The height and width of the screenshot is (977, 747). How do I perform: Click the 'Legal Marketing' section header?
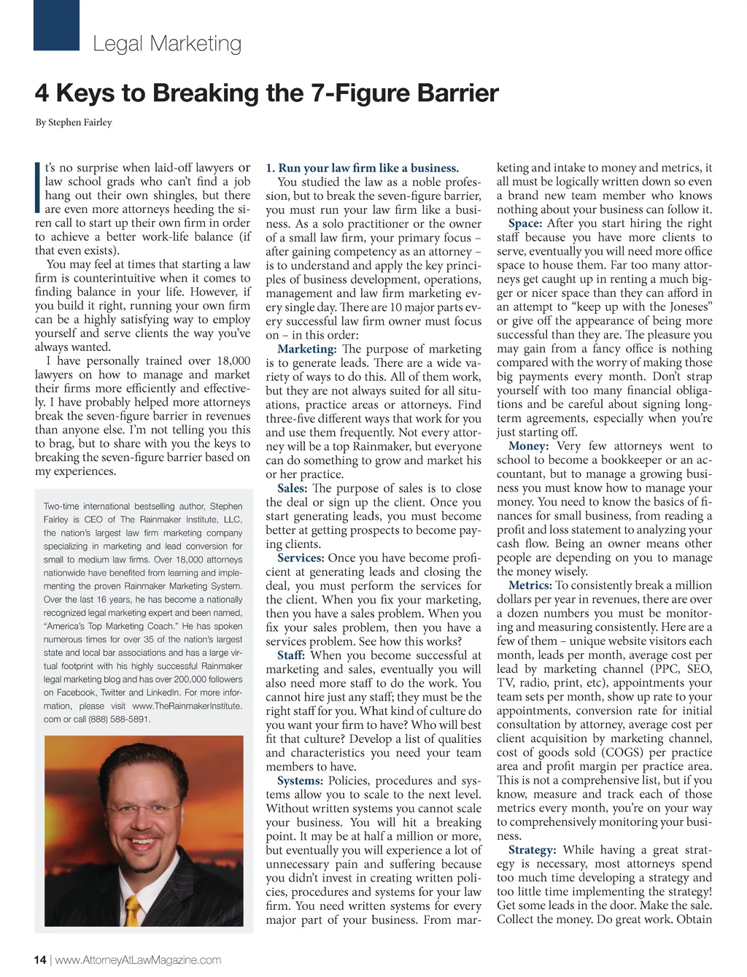click(x=167, y=44)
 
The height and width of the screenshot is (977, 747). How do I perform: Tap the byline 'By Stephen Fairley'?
click(x=74, y=123)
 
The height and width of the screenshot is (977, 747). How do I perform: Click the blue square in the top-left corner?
click(x=56, y=25)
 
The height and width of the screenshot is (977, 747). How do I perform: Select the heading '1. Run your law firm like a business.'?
click(x=363, y=168)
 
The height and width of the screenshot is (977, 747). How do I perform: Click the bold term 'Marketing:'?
click(x=306, y=349)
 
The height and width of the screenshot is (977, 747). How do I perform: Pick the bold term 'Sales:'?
click(x=293, y=488)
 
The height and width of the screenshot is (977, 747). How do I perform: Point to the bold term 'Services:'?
click(x=301, y=558)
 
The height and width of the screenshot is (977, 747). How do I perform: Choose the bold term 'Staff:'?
click(x=290, y=655)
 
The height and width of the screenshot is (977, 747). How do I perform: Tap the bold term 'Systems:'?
click(x=300, y=781)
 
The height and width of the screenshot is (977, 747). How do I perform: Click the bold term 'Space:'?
click(x=525, y=223)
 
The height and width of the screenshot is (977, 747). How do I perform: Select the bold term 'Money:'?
click(x=528, y=446)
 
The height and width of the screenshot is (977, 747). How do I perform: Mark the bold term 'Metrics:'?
click(x=530, y=585)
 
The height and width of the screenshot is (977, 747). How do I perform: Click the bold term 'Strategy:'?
click(x=532, y=850)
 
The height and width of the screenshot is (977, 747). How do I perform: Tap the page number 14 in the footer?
click(x=40, y=959)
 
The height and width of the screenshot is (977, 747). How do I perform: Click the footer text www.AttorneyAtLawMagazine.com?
click(x=138, y=959)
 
